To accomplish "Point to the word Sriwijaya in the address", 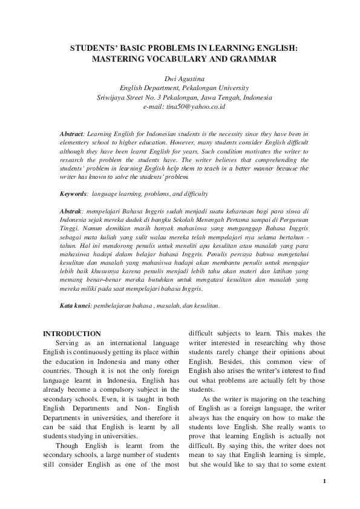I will [x=113, y=97].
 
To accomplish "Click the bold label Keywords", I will [x=73, y=194].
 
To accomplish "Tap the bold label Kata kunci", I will [x=74, y=306].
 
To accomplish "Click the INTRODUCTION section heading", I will [x=72, y=334].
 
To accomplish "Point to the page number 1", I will [x=324, y=481].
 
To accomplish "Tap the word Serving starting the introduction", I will [x=71, y=343].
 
